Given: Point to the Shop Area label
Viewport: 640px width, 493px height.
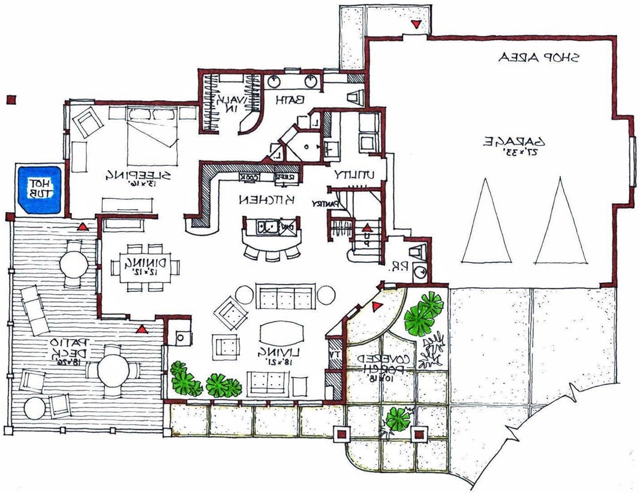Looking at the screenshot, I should pos(539,58).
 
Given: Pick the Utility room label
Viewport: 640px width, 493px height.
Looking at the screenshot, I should pos(354,174).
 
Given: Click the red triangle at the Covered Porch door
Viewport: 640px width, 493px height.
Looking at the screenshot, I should pos(376,307).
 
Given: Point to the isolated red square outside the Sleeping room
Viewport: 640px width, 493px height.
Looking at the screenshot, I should pos(10,101).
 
